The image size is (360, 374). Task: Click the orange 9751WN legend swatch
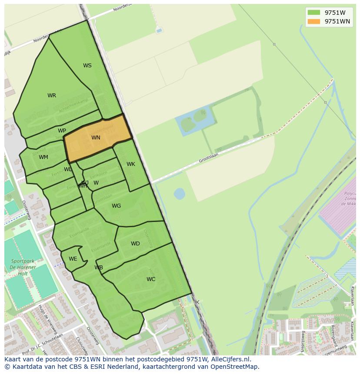tap(313, 21)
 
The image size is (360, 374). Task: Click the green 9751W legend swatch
tap(313, 12)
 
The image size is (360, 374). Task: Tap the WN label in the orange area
tap(96, 138)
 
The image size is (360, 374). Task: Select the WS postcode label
tap(87, 66)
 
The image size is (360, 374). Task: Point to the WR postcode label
tap(52, 96)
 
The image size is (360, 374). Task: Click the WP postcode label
tap(62, 131)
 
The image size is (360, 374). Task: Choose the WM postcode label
tap(43, 157)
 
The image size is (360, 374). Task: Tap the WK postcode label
tap(131, 164)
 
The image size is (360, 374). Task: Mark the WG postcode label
tap(116, 206)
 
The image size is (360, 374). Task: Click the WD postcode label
tap(135, 244)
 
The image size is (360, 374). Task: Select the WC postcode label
tap(151, 279)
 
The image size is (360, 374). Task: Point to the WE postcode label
tap(73, 259)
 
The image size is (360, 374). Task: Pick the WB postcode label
tap(99, 268)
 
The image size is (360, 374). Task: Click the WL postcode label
tap(68, 169)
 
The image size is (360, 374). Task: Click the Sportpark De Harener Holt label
tap(23, 268)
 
